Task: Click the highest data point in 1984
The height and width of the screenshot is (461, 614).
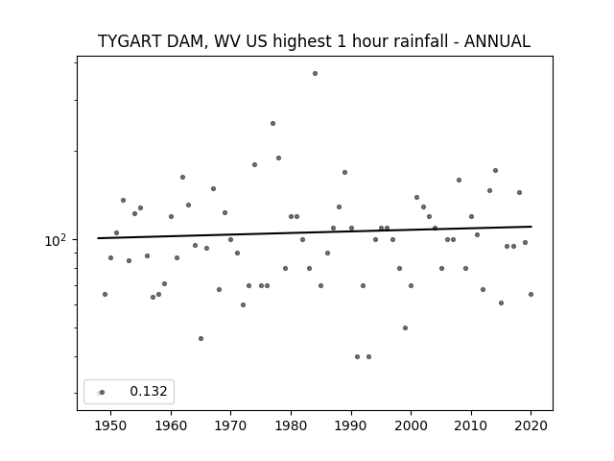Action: pyautogui.click(x=316, y=74)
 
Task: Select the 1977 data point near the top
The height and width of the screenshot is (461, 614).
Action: pyautogui.click(x=272, y=124)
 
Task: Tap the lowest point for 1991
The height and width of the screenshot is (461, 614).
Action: pyautogui.click(x=357, y=356)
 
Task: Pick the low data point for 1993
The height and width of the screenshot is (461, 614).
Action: pyautogui.click(x=368, y=356)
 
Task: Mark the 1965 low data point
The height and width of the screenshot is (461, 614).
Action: pyautogui.click(x=201, y=339)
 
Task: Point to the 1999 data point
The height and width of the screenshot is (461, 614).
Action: pyautogui.click(x=405, y=328)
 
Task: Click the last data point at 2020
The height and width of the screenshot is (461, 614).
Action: pyautogui.click(x=531, y=295)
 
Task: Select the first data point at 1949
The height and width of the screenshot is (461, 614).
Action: pyautogui.click(x=105, y=295)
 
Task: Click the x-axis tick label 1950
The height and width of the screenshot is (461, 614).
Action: pyautogui.click(x=111, y=425)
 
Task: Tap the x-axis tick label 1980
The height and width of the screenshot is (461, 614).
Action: pyautogui.click(x=291, y=425)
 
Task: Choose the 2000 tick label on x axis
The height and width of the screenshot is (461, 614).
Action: pyautogui.click(x=412, y=425)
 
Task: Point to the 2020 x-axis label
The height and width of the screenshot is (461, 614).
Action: pyautogui.click(x=531, y=425)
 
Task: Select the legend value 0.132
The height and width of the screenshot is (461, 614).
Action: pyautogui.click(x=149, y=391)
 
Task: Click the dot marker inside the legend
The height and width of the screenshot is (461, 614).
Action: pyautogui.click(x=102, y=393)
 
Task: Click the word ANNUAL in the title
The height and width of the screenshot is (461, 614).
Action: pyautogui.click(x=497, y=41)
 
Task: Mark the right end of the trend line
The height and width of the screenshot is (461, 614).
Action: pyautogui.click(x=531, y=227)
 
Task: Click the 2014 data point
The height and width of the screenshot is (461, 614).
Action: pyautogui.click(x=495, y=171)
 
